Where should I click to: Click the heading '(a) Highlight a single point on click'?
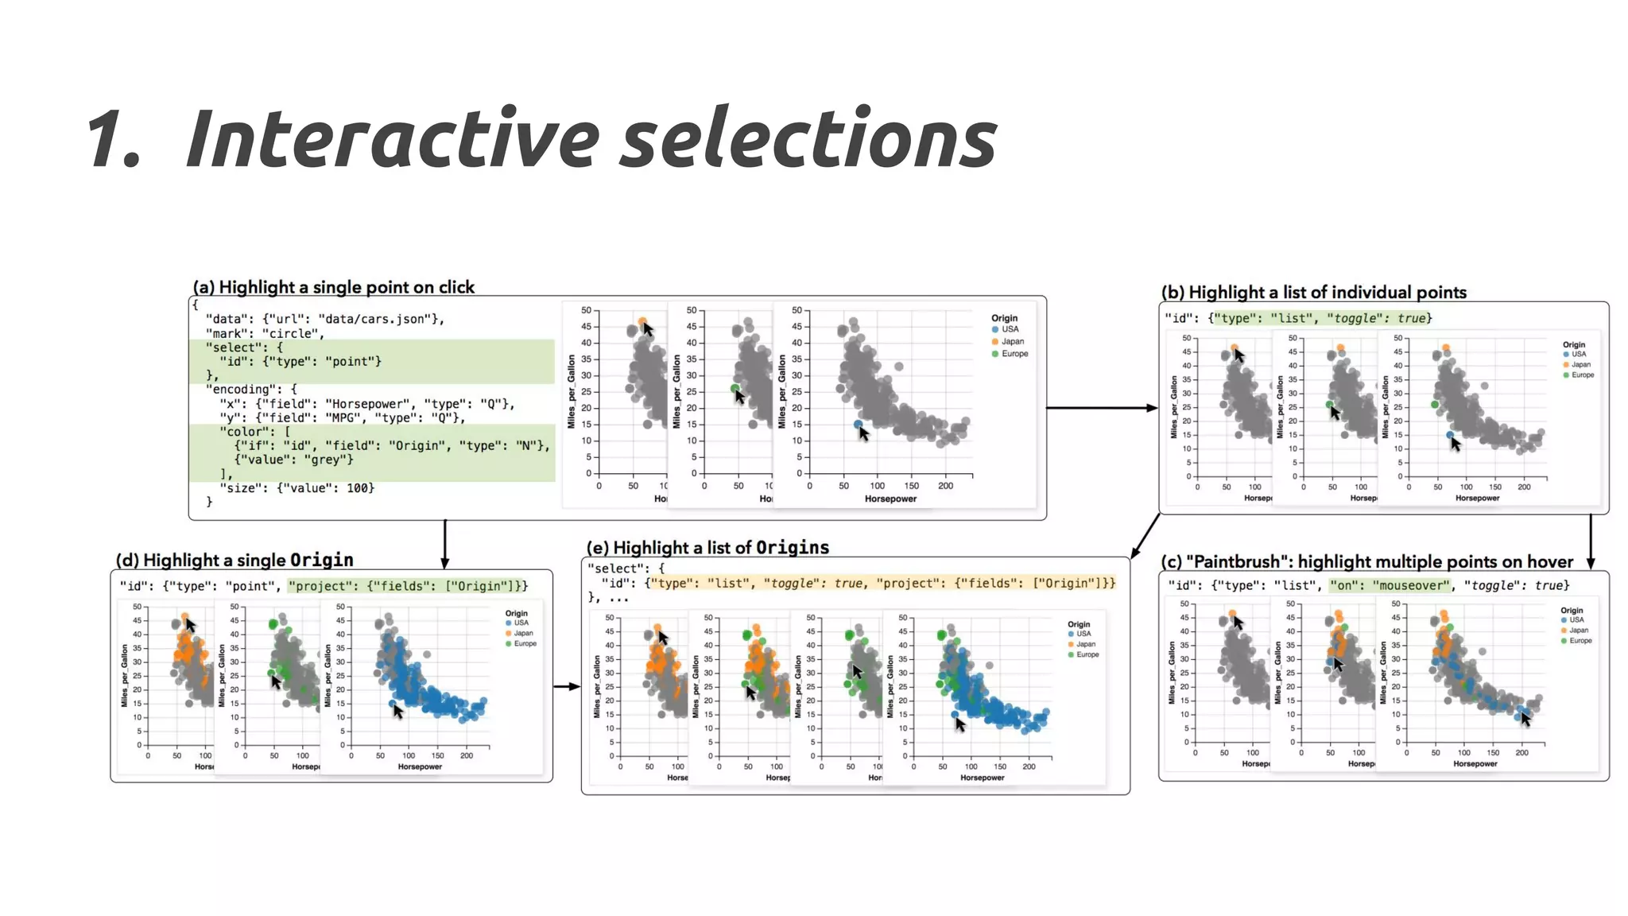(334, 287)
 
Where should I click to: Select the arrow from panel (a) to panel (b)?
(1101, 408)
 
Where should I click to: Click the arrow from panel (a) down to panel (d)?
(445, 544)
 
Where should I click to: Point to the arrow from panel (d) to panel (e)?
(567, 686)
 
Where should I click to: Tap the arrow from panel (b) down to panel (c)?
(1591, 541)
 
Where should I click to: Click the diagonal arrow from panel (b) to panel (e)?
(1145, 536)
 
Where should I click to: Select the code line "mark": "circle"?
(262, 333)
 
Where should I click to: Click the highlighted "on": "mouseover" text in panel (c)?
(1390, 585)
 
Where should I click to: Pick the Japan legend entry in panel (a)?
(1012, 341)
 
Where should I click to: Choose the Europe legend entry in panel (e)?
(1087, 654)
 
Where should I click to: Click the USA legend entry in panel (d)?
(521, 623)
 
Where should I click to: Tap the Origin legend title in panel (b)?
(1573, 345)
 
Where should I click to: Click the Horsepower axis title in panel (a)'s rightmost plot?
(890, 499)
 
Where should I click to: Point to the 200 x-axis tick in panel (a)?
(945, 486)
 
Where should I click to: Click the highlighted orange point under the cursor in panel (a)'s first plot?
(642, 322)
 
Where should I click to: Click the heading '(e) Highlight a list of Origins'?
(707, 547)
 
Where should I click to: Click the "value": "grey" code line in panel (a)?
(293, 460)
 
